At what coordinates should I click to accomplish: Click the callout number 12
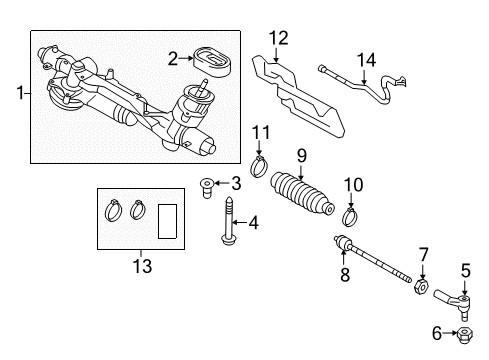tap(279, 38)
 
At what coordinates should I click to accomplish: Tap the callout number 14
tap(366, 60)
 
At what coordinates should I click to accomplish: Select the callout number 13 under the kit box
tap(142, 266)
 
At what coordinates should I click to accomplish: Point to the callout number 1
tap(21, 92)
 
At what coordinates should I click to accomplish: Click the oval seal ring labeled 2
tap(212, 64)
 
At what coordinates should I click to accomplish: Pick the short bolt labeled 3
tap(207, 188)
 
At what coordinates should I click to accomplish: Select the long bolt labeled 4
tap(229, 221)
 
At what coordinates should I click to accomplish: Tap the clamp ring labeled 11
tap(260, 167)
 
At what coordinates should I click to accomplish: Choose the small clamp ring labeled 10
tap(350, 216)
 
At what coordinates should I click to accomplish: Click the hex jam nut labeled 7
tap(422, 287)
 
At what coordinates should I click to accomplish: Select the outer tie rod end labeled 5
tap(455, 303)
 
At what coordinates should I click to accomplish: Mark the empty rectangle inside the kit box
tap(167, 221)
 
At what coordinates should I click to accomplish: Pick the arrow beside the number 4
tap(240, 222)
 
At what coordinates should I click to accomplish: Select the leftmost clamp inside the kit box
tap(113, 210)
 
